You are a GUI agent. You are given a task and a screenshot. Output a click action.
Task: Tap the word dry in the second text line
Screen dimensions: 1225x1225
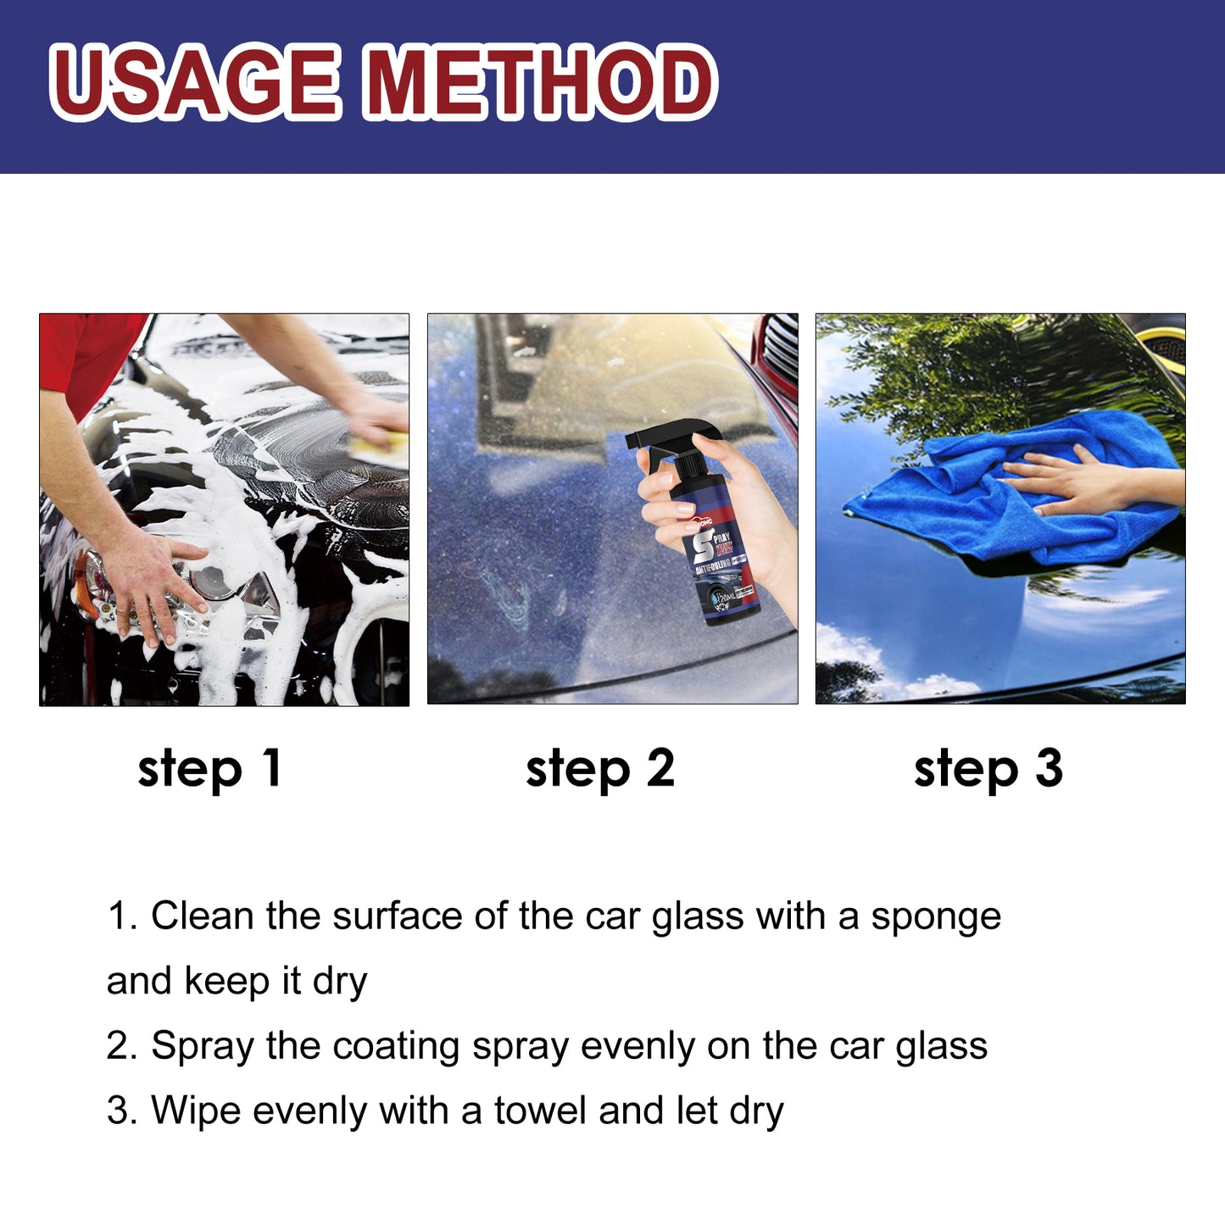(x=339, y=982)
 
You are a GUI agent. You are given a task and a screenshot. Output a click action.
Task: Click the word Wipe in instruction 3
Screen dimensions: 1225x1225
(x=195, y=1111)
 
